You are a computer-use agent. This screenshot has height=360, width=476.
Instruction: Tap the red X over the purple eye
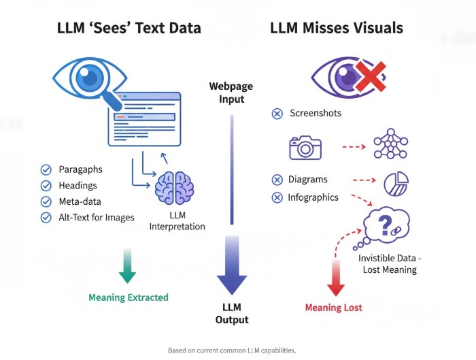click(370, 76)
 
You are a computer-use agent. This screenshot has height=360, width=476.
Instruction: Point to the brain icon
click(174, 187)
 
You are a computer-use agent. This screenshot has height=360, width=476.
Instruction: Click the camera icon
click(305, 147)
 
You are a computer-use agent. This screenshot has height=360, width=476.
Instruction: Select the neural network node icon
click(390, 144)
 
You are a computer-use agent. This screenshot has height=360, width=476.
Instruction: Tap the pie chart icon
click(396, 183)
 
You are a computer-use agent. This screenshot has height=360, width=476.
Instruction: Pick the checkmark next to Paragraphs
click(46, 169)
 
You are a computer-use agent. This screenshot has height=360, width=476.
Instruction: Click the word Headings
click(78, 185)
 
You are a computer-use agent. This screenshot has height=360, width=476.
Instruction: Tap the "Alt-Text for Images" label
click(97, 217)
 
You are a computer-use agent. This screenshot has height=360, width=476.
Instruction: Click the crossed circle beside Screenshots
click(277, 114)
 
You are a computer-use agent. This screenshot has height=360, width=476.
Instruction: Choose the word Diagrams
click(308, 180)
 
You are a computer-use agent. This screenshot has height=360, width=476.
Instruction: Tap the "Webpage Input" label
click(231, 92)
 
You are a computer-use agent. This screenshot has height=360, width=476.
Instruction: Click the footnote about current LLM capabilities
click(232, 350)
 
